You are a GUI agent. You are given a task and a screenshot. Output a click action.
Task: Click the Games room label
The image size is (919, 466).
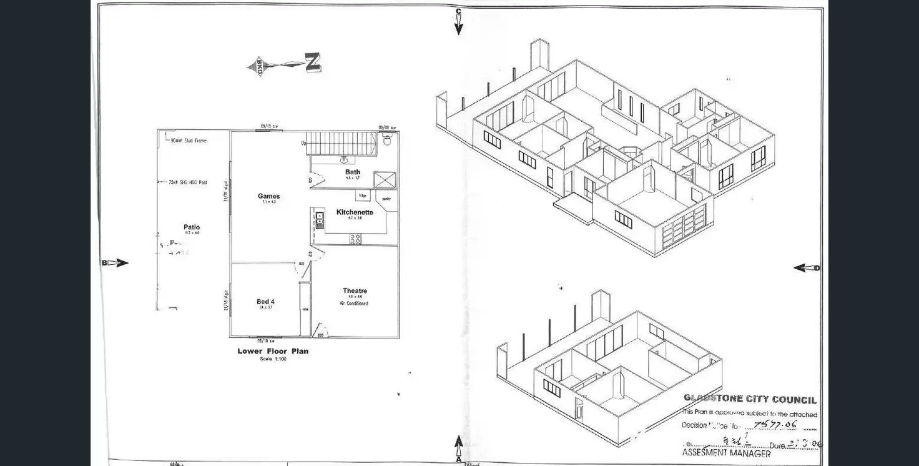pos(268,196)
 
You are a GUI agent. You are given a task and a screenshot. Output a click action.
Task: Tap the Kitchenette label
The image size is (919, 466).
pos(355,212)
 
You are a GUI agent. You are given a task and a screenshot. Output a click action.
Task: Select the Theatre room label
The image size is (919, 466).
pos(355,290)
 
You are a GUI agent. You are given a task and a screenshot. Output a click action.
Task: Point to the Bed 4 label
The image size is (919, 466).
pos(265,302)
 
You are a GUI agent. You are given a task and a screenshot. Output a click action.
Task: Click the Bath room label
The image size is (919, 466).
pos(353,172)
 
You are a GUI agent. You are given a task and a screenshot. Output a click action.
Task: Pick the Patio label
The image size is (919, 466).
pos(192,227)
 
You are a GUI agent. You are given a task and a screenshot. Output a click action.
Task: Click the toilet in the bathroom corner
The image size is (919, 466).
pos(387,141)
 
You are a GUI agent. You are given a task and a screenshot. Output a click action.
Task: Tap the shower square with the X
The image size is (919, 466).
pos(385,179)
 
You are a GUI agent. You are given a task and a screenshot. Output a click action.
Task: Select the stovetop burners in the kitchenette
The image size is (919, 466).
pos(355,239)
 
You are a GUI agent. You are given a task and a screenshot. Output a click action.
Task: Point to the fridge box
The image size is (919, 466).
pos(363,196)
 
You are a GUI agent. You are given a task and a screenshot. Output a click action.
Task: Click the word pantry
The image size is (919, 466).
pos(386,199)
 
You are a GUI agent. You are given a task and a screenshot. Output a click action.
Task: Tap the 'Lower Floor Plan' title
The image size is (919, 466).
pos(273,351)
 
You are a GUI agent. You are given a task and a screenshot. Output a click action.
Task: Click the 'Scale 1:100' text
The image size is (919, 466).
pos(273,359)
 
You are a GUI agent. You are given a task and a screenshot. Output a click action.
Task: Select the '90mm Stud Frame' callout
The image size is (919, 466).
pos(189,141)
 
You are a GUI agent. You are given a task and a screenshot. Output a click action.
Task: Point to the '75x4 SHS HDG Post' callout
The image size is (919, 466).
pos(187,183)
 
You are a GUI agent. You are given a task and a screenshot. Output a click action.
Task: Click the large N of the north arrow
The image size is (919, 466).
pos(313,62)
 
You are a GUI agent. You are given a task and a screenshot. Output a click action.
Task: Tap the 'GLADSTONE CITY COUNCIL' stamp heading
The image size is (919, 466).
pos(750,399)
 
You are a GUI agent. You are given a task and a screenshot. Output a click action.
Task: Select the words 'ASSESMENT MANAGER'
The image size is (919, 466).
pos(726,454)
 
